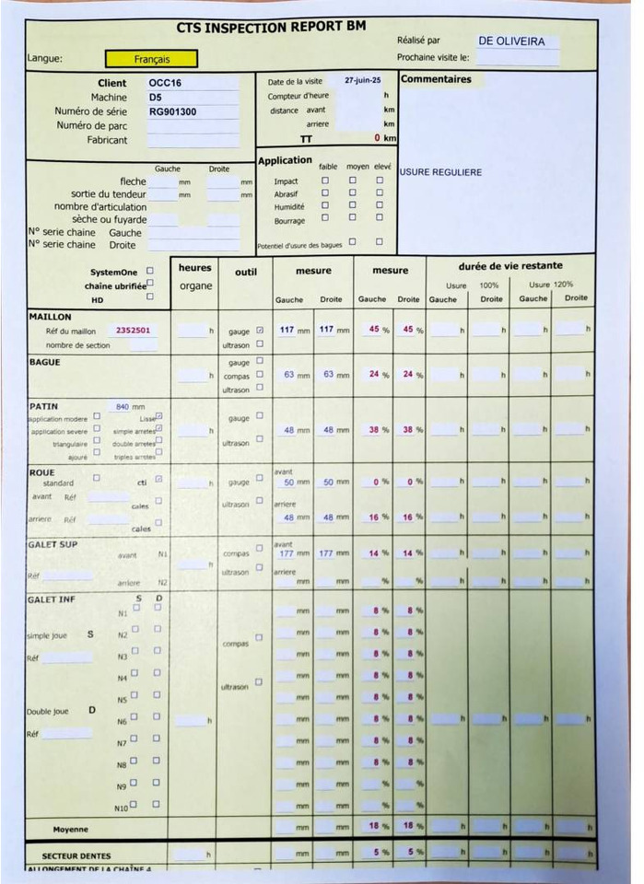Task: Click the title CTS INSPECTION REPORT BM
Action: pos(271,27)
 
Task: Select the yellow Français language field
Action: pos(151,59)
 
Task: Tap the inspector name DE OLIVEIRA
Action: pos(512,41)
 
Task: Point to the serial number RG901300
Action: pos(172,111)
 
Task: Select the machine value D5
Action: pos(156,97)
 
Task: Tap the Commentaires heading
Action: pos(436,79)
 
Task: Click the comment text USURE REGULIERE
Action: pos(440,172)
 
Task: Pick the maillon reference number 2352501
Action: pos(134,330)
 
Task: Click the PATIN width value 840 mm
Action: pos(130,406)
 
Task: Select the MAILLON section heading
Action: pos(50,317)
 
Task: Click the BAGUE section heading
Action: pos(44,362)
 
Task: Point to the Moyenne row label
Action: pos(71,828)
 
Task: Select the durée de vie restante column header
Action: pos(510,266)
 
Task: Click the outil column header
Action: pos(246,272)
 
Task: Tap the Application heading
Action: pos(285,160)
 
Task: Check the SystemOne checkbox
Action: pos(150,272)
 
